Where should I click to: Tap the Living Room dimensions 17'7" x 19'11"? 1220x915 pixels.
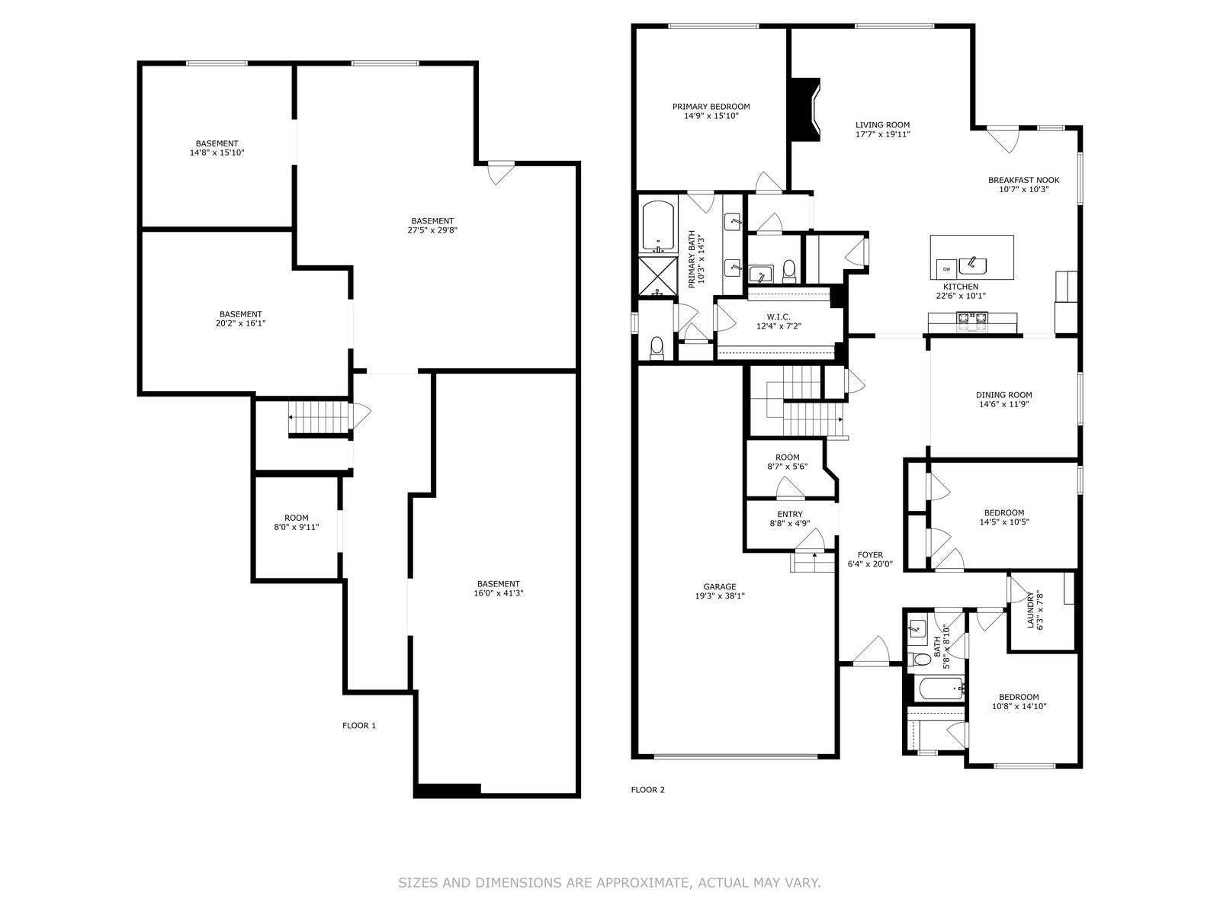883,134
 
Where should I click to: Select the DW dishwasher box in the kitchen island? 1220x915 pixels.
946,269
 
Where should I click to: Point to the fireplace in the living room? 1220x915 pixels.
804,110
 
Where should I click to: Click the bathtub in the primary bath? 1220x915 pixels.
658,226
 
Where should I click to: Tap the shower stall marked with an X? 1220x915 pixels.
658,276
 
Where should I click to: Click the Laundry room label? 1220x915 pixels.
1035,609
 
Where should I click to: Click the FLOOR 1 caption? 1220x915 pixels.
359,726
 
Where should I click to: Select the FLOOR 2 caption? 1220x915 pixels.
647,789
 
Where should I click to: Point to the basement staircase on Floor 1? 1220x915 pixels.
319,418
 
